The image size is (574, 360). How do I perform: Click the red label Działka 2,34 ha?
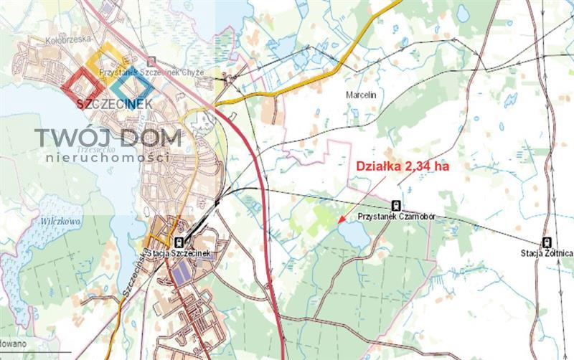point(403,166)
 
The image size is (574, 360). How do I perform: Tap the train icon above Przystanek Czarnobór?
point(397,205)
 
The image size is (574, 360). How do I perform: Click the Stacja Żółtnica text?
point(547,252)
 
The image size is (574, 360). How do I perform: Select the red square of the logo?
point(83,85)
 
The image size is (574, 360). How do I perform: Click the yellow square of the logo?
point(108,62)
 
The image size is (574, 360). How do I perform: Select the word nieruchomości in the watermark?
point(108,157)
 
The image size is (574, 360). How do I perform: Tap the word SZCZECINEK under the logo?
point(114,105)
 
